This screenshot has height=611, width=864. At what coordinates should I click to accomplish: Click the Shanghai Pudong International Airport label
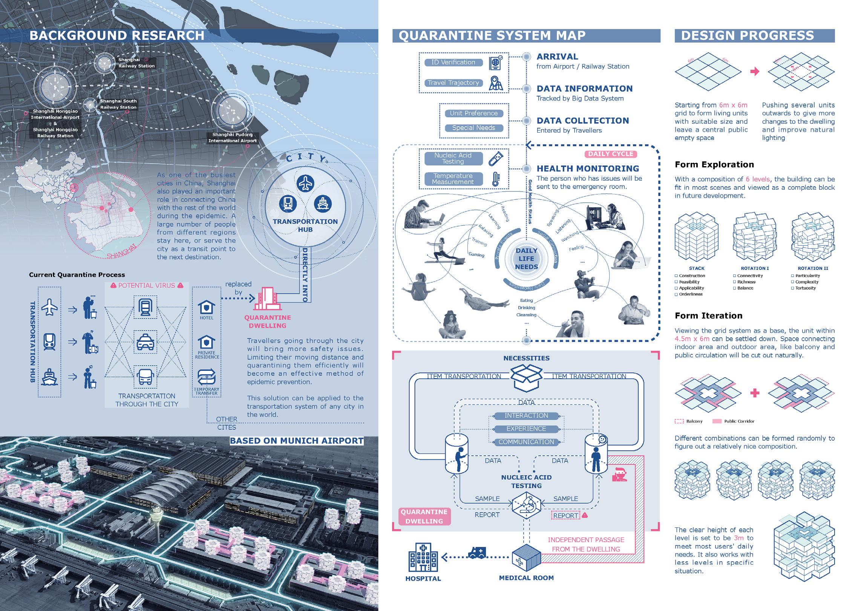click(232, 138)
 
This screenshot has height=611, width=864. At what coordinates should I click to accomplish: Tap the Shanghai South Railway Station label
click(118, 104)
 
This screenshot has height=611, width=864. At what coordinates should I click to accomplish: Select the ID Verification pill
click(453, 63)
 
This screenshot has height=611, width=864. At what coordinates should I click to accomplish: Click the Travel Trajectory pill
click(453, 83)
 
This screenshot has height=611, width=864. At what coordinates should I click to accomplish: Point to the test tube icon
click(496, 158)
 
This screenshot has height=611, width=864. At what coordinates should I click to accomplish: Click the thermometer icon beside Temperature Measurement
click(496, 179)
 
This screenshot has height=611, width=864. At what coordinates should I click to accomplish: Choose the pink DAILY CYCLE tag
click(611, 154)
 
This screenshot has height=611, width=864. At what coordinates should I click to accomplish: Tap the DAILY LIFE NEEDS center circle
click(526, 259)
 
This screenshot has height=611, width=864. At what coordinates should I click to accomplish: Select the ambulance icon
click(476, 553)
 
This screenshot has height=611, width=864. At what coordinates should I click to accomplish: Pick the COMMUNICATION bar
click(526, 442)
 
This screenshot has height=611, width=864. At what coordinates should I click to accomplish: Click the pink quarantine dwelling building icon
click(267, 300)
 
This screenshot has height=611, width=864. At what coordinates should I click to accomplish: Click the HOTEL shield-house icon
click(206, 307)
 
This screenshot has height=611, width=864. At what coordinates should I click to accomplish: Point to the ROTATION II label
click(813, 268)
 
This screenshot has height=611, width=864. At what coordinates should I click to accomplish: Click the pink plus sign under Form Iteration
click(755, 393)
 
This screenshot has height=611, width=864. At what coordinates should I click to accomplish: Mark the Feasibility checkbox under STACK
click(677, 282)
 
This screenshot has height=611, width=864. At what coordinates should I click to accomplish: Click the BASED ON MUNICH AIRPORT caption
click(297, 441)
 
